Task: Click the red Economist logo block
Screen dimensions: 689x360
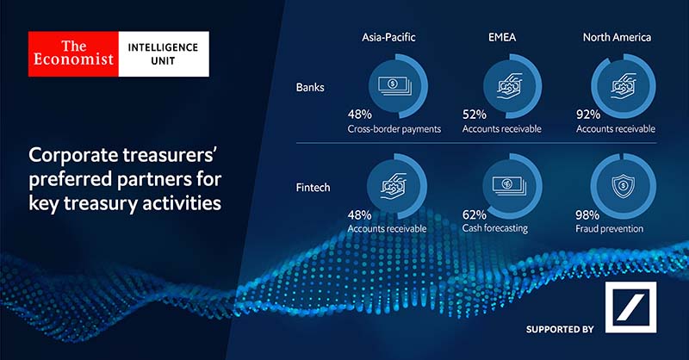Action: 73,53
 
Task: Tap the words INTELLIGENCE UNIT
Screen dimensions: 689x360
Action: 163,54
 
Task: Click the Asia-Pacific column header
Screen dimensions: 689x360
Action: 388,37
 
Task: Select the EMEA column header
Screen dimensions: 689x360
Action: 502,37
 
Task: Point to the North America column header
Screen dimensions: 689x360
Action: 617,37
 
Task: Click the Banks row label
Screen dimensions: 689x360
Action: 310,88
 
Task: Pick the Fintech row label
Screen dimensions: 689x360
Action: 313,188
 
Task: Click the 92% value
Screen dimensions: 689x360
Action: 588,115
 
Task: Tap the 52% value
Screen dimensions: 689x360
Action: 475,115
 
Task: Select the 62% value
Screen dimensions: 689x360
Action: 475,215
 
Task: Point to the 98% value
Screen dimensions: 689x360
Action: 587,215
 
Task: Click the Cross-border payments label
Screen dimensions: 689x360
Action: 394,129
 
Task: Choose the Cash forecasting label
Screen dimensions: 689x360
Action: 495,228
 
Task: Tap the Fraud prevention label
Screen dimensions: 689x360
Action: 610,228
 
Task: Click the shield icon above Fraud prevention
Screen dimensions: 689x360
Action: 623,186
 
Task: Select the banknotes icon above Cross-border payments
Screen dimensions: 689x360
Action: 394,85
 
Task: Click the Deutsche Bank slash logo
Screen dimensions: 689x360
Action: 630,307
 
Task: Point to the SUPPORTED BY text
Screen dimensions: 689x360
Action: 560,329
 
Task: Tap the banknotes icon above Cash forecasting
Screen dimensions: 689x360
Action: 509,185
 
